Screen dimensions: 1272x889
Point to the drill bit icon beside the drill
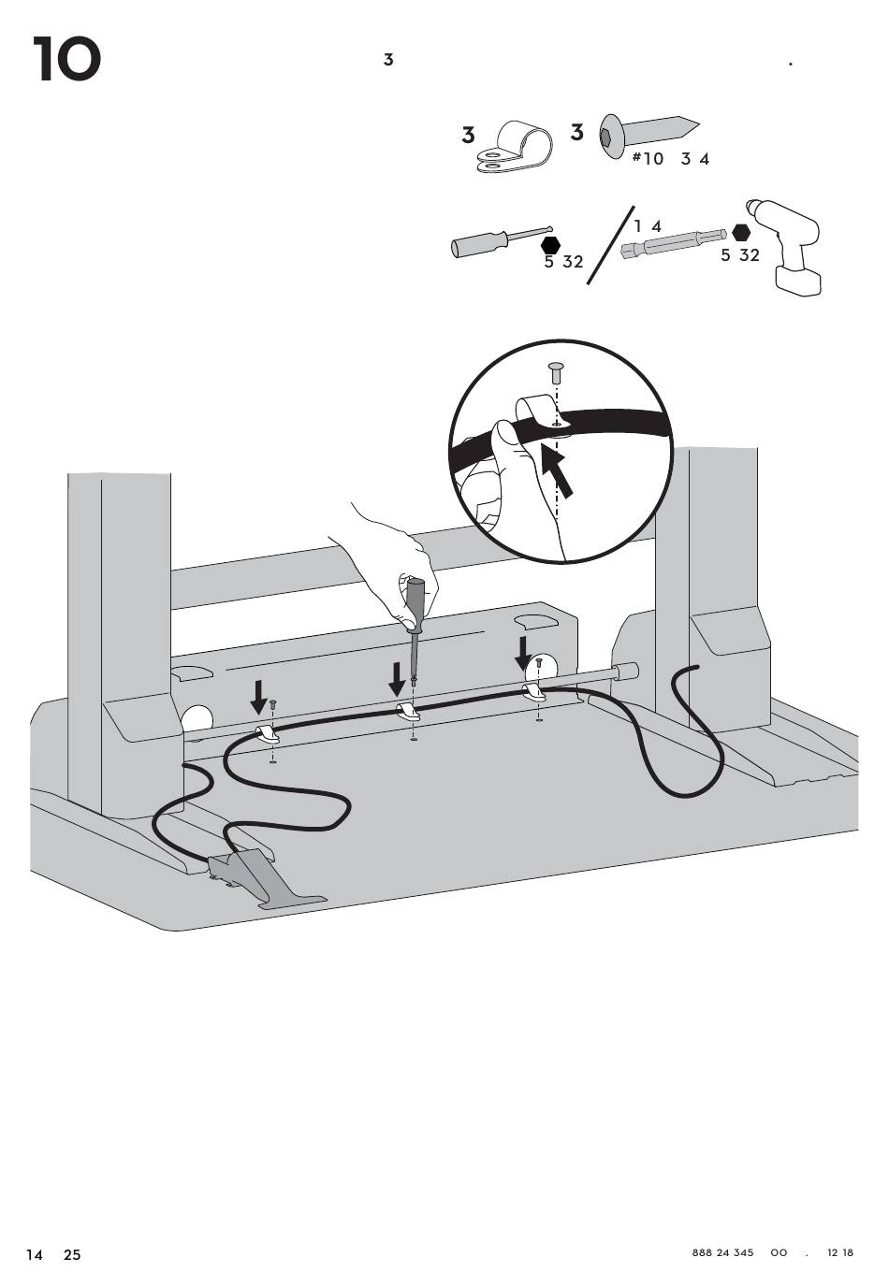(x=672, y=245)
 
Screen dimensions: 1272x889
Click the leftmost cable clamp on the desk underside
(x=267, y=733)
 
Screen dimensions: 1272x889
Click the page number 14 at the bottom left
(x=35, y=1254)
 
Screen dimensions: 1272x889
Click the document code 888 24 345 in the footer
(x=722, y=1252)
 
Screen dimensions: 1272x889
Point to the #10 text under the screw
(x=648, y=159)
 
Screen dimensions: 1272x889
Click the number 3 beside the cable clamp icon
(x=468, y=136)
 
